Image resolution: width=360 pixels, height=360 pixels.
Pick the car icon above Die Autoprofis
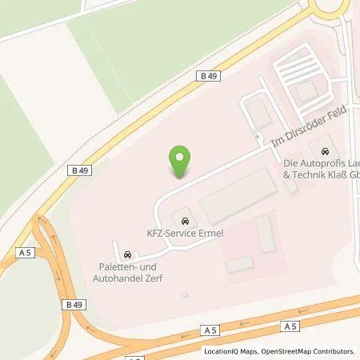[x=324, y=151]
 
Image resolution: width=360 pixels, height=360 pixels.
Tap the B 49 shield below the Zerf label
[x=74, y=305]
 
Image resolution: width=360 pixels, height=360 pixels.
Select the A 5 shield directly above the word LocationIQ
[x=210, y=330]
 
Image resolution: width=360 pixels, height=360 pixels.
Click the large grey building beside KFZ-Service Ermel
[x=238, y=196]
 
